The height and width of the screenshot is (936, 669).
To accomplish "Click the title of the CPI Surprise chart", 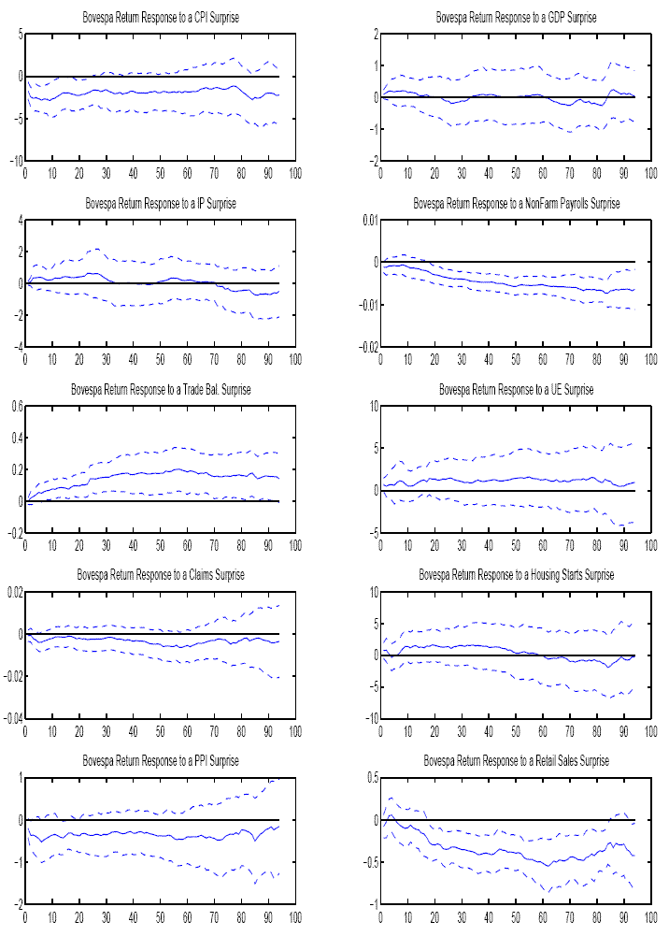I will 160,18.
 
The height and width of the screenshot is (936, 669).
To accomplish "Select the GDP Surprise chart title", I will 516,18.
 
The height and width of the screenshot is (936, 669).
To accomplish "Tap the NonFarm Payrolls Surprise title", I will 516,203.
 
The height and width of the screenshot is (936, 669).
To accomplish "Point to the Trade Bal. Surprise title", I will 160,389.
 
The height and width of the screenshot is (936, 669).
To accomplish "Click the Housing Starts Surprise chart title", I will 516,575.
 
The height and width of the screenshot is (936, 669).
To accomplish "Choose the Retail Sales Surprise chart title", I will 516,761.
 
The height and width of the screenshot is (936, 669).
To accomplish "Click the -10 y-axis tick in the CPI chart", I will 13,161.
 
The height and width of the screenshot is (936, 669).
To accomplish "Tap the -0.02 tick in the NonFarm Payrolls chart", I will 365,347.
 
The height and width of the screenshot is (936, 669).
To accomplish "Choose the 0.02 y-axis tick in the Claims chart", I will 13,592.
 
